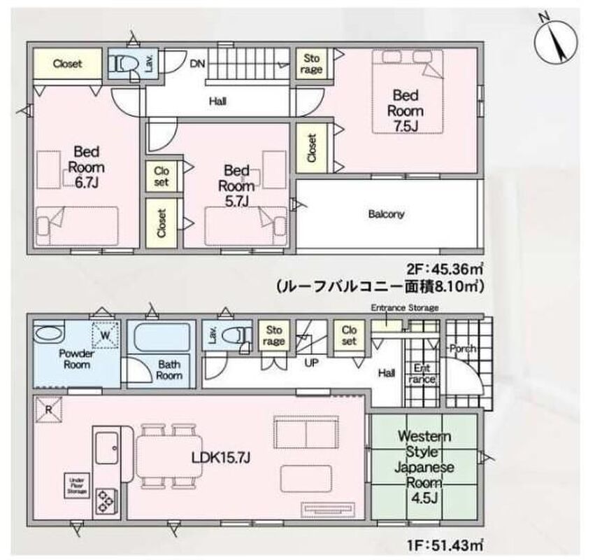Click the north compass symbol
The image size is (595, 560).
(556, 42)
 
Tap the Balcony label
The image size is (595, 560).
(386, 214)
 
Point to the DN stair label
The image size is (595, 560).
(197, 64)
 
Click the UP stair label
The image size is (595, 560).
(311, 363)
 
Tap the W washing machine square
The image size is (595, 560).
(105, 335)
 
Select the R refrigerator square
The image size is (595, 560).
(48, 409)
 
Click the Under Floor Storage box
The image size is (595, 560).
(77, 485)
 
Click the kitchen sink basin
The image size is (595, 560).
(107, 448)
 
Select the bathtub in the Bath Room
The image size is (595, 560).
(162, 337)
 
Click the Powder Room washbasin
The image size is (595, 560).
(48, 334)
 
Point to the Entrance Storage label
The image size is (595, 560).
(405, 308)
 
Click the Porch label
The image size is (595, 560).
(463, 348)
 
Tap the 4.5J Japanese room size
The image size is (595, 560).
(424, 498)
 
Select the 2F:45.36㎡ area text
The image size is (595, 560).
(445, 269)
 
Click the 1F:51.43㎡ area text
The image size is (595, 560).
(446, 545)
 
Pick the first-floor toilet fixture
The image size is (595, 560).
(233, 336)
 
